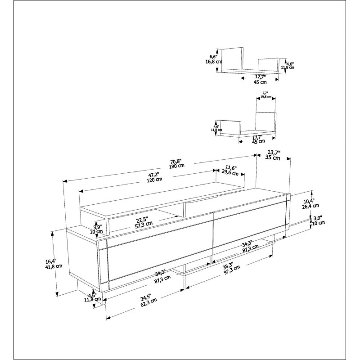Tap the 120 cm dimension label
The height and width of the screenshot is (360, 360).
[154, 179]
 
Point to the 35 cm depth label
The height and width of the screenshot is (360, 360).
[273, 157]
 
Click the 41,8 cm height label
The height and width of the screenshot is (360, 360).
[54, 266]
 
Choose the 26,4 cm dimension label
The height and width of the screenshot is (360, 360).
[310, 206]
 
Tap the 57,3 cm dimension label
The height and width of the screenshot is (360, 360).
[144, 224]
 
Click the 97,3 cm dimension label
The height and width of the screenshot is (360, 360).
[232, 270]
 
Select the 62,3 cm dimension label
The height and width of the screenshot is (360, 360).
[149, 303]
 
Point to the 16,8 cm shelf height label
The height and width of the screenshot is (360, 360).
[213, 62]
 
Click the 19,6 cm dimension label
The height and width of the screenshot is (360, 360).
[266, 97]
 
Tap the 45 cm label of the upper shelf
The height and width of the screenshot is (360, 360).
[260, 82]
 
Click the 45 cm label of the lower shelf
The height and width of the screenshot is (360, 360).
[258, 141]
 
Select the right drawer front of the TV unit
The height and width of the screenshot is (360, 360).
[250, 225]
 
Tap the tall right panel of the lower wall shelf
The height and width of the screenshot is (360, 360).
[266, 121]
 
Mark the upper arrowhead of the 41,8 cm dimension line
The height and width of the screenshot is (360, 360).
[53, 233]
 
